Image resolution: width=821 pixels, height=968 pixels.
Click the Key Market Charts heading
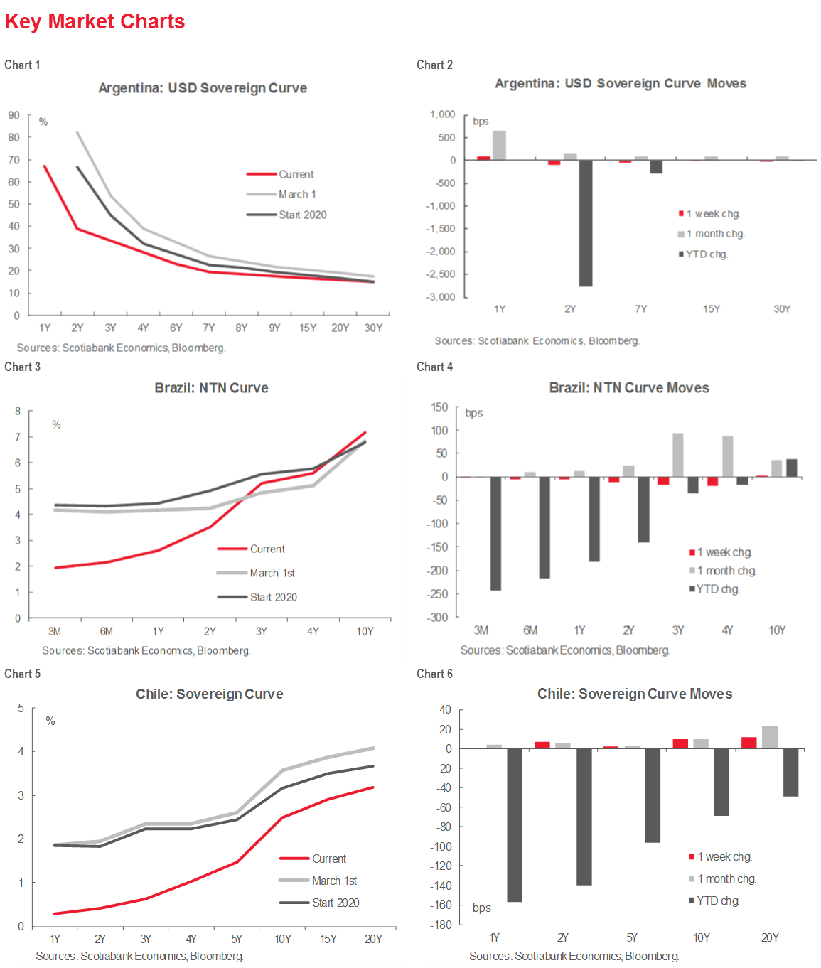(95, 21)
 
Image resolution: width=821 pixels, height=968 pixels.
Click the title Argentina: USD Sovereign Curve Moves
(621, 83)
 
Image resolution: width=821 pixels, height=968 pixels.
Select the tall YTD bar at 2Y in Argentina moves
(586, 223)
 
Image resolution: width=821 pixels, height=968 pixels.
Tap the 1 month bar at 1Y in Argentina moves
(499, 146)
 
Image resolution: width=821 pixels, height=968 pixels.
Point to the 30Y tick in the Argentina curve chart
(373, 328)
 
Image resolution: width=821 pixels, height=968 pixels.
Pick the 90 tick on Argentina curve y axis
(14, 115)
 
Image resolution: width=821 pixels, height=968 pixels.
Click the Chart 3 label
(23, 367)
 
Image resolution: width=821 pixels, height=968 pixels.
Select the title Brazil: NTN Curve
(211, 388)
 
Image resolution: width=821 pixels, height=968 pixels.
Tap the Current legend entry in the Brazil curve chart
(267, 549)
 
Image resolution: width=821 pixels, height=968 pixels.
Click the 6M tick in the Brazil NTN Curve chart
(107, 631)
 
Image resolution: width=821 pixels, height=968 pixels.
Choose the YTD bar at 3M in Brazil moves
(495, 533)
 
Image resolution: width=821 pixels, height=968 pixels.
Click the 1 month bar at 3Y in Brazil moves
(678, 455)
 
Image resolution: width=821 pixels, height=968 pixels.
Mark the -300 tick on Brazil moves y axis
(438, 617)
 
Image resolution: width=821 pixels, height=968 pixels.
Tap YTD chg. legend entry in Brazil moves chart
(718, 589)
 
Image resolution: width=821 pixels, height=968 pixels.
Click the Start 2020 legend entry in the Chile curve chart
(336, 903)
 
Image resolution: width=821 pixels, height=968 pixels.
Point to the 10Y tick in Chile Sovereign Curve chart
(283, 939)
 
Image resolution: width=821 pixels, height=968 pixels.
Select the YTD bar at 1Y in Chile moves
(515, 825)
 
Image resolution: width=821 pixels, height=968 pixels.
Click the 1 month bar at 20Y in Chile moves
(770, 737)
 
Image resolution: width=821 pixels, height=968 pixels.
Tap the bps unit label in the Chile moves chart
(482, 908)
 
